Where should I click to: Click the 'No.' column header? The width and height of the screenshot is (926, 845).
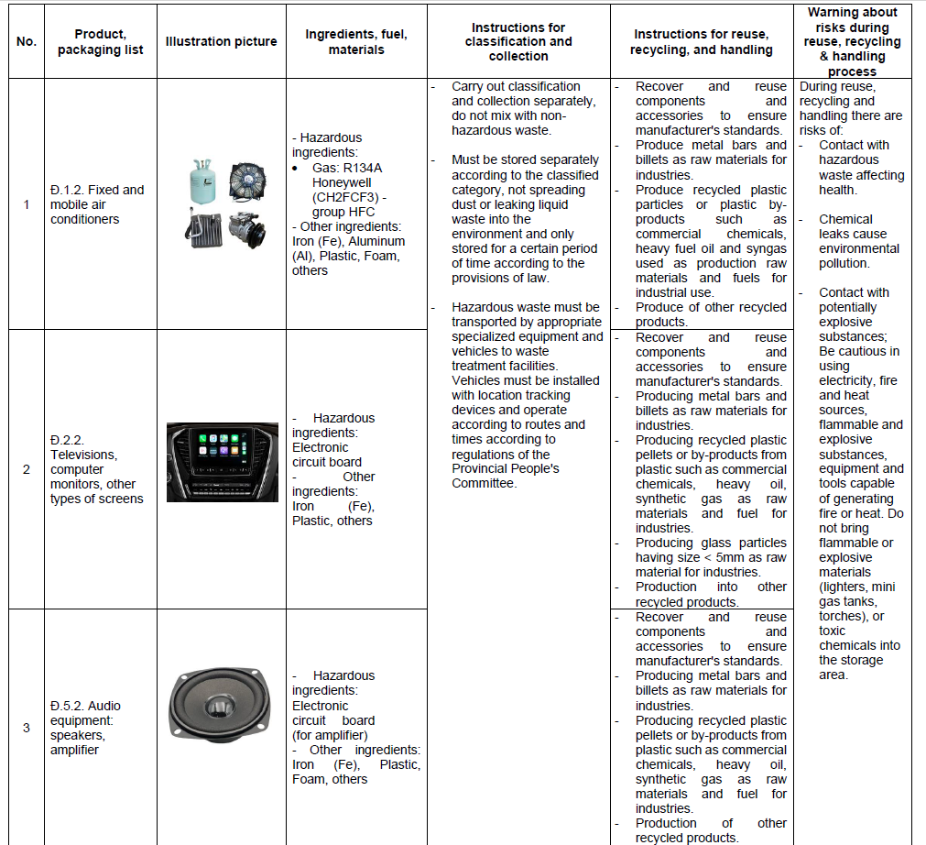point(26,42)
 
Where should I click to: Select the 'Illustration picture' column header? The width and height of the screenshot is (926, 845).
point(221,42)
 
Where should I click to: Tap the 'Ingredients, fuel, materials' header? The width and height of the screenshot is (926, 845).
point(356,42)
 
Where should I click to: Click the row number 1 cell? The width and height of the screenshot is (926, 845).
point(26,204)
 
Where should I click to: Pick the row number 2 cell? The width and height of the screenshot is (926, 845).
point(26,469)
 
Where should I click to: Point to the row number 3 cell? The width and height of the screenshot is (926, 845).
point(26,728)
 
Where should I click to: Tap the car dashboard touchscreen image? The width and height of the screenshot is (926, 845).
point(222,462)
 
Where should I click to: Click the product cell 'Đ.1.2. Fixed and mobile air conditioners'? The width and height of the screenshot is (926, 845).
point(97,204)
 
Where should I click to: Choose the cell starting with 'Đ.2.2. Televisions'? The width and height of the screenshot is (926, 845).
point(97,469)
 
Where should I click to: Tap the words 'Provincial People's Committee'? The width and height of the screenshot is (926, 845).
point(505,476)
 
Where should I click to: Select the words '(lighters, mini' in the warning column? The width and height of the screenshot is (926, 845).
point(857,587)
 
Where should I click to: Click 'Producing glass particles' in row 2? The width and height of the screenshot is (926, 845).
point(711,543)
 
